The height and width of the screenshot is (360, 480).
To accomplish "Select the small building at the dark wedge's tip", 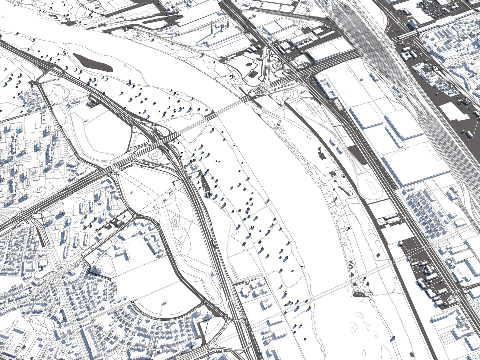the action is pyautogui.click(x=209, y=194).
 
